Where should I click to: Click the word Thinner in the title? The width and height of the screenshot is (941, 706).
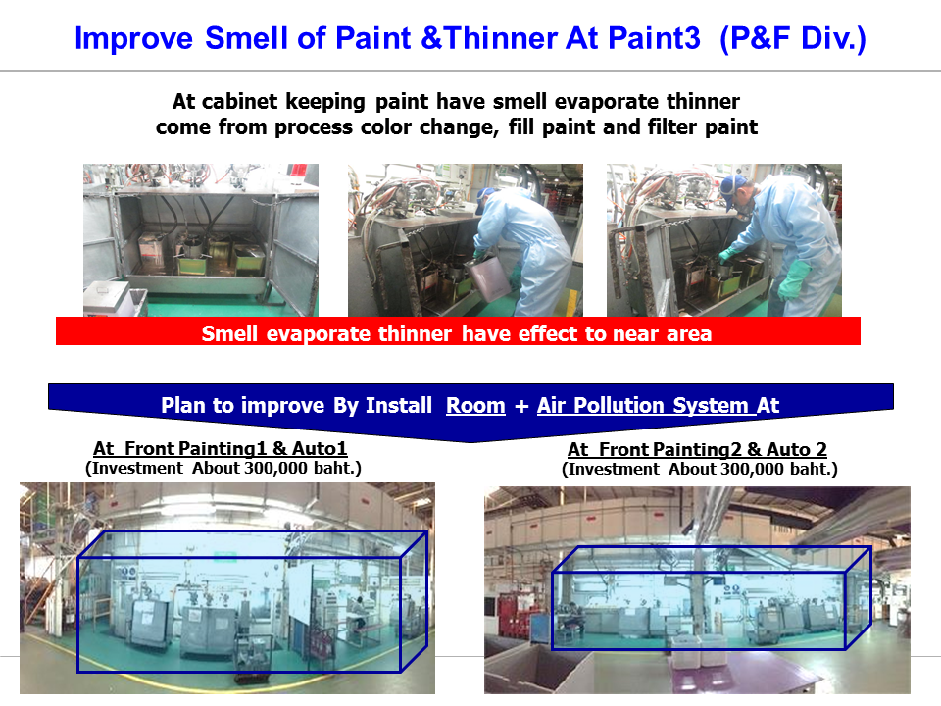[x=501, y=38]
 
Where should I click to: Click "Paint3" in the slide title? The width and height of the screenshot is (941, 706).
[x=654, y=38]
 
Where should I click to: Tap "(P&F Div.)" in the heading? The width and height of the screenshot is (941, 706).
[x=793, y=38]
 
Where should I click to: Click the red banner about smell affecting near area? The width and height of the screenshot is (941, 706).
[x=458, y=331]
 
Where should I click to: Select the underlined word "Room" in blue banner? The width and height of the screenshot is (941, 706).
[x=475, y=406]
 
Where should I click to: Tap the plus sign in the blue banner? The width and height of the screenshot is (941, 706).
[x=520, y=406]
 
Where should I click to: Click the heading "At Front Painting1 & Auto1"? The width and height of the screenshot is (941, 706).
[x=221, y=448]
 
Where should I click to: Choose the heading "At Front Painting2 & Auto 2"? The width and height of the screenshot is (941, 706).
[x=697, y=449]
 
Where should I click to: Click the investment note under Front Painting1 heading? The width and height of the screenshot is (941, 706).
[x=223, y=468]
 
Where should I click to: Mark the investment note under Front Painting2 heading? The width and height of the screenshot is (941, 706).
[x=699, y=469]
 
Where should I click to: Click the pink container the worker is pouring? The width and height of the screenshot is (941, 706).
[x=490, y=278]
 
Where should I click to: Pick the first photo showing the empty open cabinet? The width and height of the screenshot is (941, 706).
[x=201, y=240]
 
